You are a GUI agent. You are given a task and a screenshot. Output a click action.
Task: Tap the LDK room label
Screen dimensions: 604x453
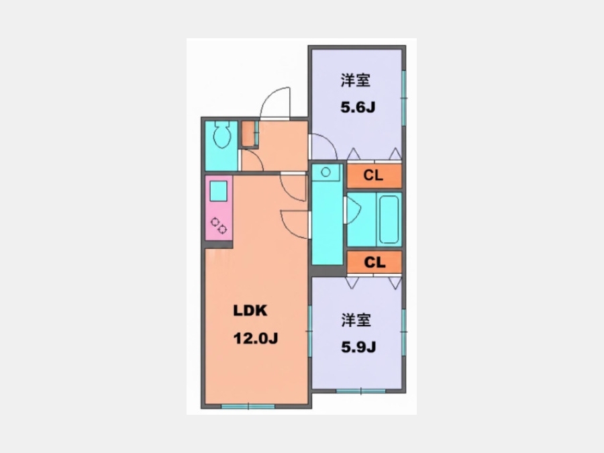pos(250,311)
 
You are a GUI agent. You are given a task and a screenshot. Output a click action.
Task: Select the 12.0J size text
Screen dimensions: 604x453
pos(256,339)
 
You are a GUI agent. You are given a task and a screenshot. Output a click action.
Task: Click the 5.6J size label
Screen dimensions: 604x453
pos(358,107)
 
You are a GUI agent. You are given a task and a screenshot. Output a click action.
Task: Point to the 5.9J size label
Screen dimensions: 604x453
pos(358,347)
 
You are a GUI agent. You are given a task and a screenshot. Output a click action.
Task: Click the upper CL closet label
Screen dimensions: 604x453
pos(373,176)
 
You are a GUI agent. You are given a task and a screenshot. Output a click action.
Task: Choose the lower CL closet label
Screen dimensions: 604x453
pos(374,262)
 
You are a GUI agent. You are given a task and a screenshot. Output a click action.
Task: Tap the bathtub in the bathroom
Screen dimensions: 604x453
pos(389,219)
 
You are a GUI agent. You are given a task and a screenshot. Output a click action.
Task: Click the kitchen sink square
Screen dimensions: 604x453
pos(218,191)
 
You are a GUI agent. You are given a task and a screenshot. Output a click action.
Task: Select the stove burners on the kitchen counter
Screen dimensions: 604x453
pos(218,225)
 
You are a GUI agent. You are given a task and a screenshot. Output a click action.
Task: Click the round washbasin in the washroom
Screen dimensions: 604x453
pos(326,172)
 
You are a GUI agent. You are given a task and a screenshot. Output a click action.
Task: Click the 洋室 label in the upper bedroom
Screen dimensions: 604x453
pos(356,81)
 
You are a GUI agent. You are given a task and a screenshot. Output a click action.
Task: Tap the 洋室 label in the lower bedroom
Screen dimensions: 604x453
pos(356,320)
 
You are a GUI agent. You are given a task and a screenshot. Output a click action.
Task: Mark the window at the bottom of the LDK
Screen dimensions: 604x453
pos(248,406)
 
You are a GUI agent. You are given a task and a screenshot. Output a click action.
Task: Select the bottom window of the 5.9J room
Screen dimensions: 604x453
pos(360,391)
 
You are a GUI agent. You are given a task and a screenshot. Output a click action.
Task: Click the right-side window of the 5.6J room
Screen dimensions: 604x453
pos(404,98)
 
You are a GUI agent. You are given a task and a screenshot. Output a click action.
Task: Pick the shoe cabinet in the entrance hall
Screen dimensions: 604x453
pos(250,134)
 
